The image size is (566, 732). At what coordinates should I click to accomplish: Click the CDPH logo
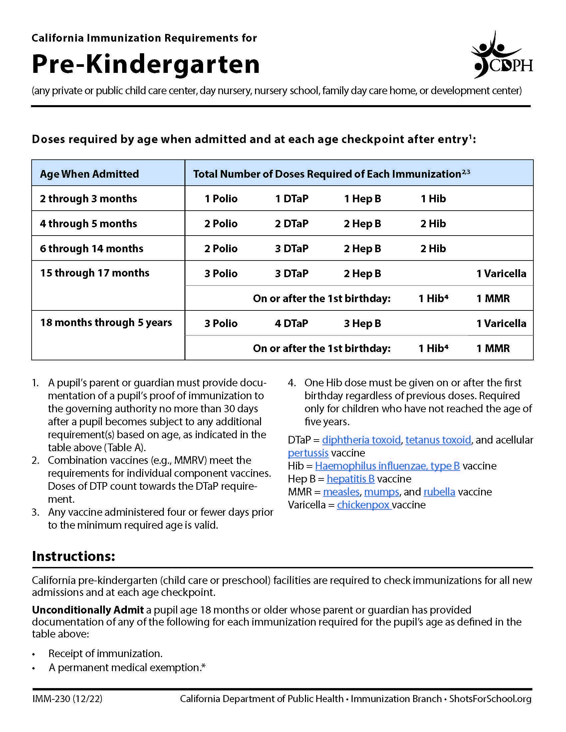(502, 56)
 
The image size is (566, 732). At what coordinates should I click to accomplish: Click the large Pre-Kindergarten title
(145, 64)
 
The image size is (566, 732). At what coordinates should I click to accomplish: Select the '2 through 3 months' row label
(88, 199)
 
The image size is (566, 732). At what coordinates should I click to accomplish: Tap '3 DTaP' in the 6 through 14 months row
(291, 249)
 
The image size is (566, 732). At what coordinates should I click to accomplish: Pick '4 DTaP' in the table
(291, 323)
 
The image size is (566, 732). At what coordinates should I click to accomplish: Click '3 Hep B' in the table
(362, 323)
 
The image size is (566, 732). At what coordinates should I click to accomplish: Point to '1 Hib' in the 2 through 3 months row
(433, 199)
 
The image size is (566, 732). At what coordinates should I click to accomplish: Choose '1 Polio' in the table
(221, 199)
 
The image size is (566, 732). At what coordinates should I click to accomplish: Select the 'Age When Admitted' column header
(89, 174)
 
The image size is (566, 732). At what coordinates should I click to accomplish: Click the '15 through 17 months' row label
(95, 273)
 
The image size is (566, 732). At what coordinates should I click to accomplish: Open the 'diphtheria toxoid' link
(361, 440)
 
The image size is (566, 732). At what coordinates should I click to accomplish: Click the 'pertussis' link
(308, 453)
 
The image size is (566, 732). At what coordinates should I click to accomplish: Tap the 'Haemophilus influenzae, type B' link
(387, 466)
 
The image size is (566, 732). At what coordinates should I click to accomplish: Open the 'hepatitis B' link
(350, 479)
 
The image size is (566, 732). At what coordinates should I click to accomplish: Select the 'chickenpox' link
(364, 505)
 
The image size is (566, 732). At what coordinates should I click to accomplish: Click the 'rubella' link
(439, 492)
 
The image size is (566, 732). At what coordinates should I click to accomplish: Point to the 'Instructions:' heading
(74, 556)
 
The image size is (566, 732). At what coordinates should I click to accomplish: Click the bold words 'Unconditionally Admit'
(88, 610)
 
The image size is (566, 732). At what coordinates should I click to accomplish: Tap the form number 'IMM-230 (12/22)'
(67, 699)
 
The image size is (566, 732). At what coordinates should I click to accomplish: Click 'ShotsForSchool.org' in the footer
(490, 699)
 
